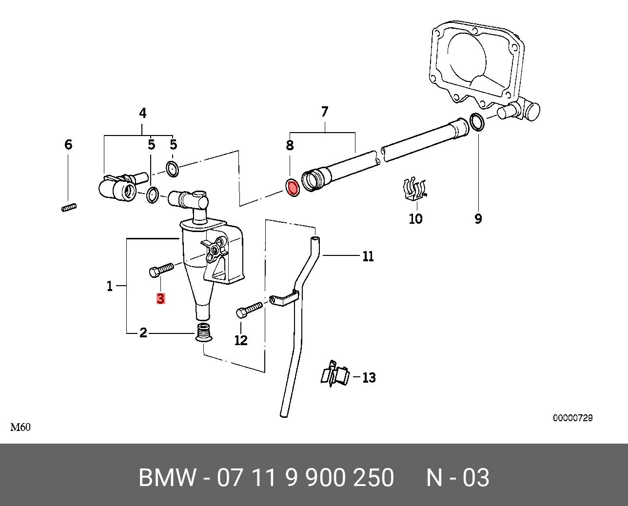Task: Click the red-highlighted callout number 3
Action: (x=160, y=298)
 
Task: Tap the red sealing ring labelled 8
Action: (x=293, y=188)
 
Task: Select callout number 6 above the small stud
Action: (x=68, y=144)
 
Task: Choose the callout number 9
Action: (x=478, y=219)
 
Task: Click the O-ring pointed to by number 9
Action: (x=477, y=122)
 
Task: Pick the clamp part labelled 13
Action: (x=335, y=375)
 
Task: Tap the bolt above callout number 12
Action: (x=249, y=309)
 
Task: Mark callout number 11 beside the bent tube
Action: (x=368, y=256)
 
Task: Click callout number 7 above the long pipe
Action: (x=325, y=112)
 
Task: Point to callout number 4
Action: (x=142, y=114)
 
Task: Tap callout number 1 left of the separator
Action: (x=110, y=286)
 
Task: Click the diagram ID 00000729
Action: (x=572, y=418)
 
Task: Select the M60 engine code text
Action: (x=20, y=428)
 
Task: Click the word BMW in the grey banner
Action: (x=167, y=478)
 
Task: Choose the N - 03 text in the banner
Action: (x=457, y=478)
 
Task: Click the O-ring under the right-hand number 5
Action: (x=172, y=169)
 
